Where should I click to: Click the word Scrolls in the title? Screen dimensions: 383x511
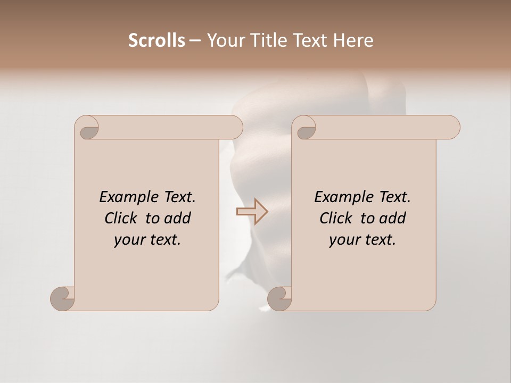(156, 40)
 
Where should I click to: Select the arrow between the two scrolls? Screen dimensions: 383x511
(252, 212)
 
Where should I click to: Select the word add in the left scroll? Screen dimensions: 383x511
(178, 218)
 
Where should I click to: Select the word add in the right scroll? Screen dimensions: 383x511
(393, 218)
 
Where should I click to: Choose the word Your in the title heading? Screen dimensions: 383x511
(224, 40)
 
